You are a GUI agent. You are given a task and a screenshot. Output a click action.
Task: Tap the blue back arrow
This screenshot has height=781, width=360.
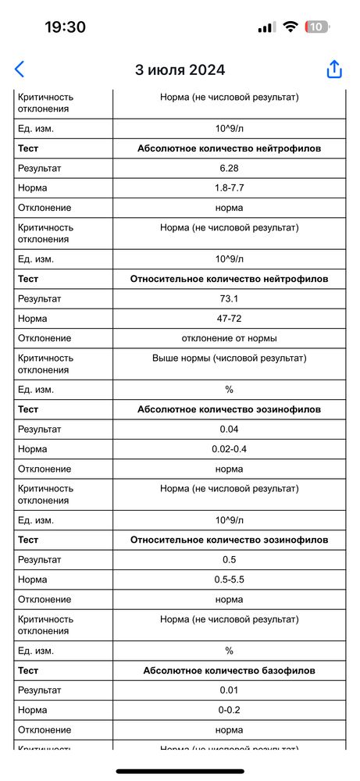point(20,69)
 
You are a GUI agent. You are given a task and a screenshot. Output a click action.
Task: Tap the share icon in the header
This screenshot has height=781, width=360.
point(334,69)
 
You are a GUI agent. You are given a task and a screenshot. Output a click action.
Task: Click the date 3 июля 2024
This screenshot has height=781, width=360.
point(180,70)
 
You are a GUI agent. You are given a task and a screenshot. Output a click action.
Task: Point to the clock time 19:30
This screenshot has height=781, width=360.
point(65,27)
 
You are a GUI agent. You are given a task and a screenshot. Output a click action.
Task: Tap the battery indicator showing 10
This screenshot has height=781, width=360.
point(316,27)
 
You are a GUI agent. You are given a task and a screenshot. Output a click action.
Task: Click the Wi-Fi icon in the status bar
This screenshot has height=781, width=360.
point(290,27)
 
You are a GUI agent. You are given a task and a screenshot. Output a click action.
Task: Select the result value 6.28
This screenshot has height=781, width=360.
point(229,168)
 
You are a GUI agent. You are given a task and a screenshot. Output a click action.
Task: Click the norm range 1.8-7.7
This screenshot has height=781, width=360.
point(229,188)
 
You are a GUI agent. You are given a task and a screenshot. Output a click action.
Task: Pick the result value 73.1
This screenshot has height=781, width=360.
point(229,298)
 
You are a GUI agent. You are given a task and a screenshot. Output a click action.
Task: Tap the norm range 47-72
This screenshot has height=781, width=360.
point(229,319)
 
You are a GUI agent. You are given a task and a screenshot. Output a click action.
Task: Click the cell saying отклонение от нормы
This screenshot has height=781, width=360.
point(229,338)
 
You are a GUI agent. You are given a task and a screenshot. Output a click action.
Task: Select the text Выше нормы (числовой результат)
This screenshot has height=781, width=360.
point(229,358)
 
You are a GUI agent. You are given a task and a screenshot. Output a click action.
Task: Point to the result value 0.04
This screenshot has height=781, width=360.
point(229,429)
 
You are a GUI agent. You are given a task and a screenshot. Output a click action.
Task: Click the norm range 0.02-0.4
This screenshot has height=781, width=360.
point(229,449)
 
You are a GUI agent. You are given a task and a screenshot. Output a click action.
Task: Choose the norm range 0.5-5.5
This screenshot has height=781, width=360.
point(229,580)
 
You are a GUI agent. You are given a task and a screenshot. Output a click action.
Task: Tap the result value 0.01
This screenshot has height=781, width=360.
point(229,690)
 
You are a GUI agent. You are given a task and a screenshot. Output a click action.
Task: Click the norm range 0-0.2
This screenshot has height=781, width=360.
point(229,710)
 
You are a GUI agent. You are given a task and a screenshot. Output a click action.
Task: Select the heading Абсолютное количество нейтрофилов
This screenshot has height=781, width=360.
point(229,148)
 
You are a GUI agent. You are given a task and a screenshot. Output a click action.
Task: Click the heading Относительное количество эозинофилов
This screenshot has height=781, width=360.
point(229,540)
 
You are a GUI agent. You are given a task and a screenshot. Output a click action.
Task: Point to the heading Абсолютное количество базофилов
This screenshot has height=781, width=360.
point(229,670)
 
